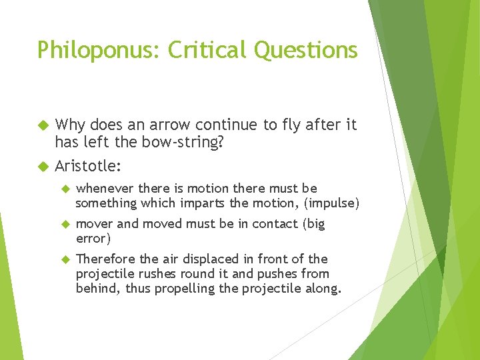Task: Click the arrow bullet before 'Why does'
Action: (x=43, y=125)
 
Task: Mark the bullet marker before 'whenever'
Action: (x=65, y=189)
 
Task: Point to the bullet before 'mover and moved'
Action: (x=65, y=224)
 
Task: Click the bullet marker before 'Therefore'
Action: (x=65, y=259)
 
